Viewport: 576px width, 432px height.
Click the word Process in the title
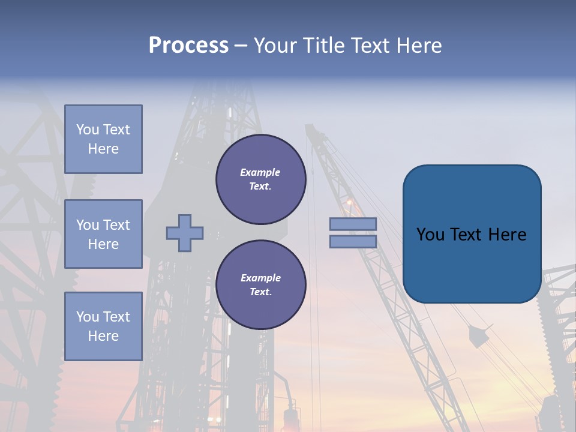[188, 46]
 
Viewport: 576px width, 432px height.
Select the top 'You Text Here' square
[103, 139]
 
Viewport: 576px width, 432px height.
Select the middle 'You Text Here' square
[103, 234]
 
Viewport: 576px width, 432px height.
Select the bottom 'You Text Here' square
[103, 326]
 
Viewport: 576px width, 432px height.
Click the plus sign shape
[185, 233]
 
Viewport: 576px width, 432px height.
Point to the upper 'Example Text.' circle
[260, 179]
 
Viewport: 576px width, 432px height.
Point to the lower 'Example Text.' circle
[260, 285]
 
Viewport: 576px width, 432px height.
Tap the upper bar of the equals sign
[353, 224]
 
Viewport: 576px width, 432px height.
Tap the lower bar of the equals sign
[353, 242]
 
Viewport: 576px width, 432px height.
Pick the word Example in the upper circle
[260, 172]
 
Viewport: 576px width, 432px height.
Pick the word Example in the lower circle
[260, 278]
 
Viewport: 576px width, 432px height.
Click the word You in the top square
[88, 130]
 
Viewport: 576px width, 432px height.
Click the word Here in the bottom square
[103, 336]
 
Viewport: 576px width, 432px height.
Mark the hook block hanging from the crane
[478, 337]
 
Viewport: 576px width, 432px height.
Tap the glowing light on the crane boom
[349, 203]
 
